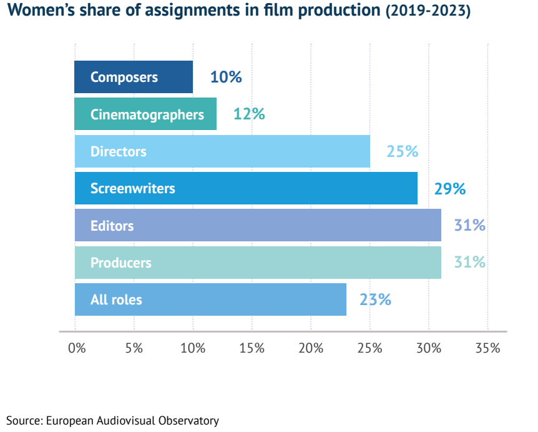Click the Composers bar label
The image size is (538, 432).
[x=124, y=78]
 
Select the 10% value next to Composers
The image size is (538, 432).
[x=225, y=78]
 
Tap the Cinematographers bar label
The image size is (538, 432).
[x=147, y=114]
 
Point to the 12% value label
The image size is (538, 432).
[x=249, y=114]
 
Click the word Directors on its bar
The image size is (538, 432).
[x=119, y=151]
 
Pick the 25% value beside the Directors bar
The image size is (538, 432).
[x=402, y=151]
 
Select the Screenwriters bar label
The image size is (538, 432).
[x=133, y=188]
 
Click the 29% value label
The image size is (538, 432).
[x=449, y=189]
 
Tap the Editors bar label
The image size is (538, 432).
[x=112, y=226]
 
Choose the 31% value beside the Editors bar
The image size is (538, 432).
[x=470, y=225]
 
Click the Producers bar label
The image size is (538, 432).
[x=121, y=263]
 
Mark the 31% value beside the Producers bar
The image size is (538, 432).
[x=470, y=262]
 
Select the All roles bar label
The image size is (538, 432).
[x=116, y=299]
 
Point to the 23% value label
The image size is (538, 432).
[x=375, y=299]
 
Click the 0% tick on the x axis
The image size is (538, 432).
[x=77, y=348]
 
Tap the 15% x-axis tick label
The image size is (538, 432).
[x=252, y=348]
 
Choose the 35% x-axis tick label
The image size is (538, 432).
[x=487, y=348]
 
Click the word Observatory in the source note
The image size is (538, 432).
[x=189, y=420]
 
